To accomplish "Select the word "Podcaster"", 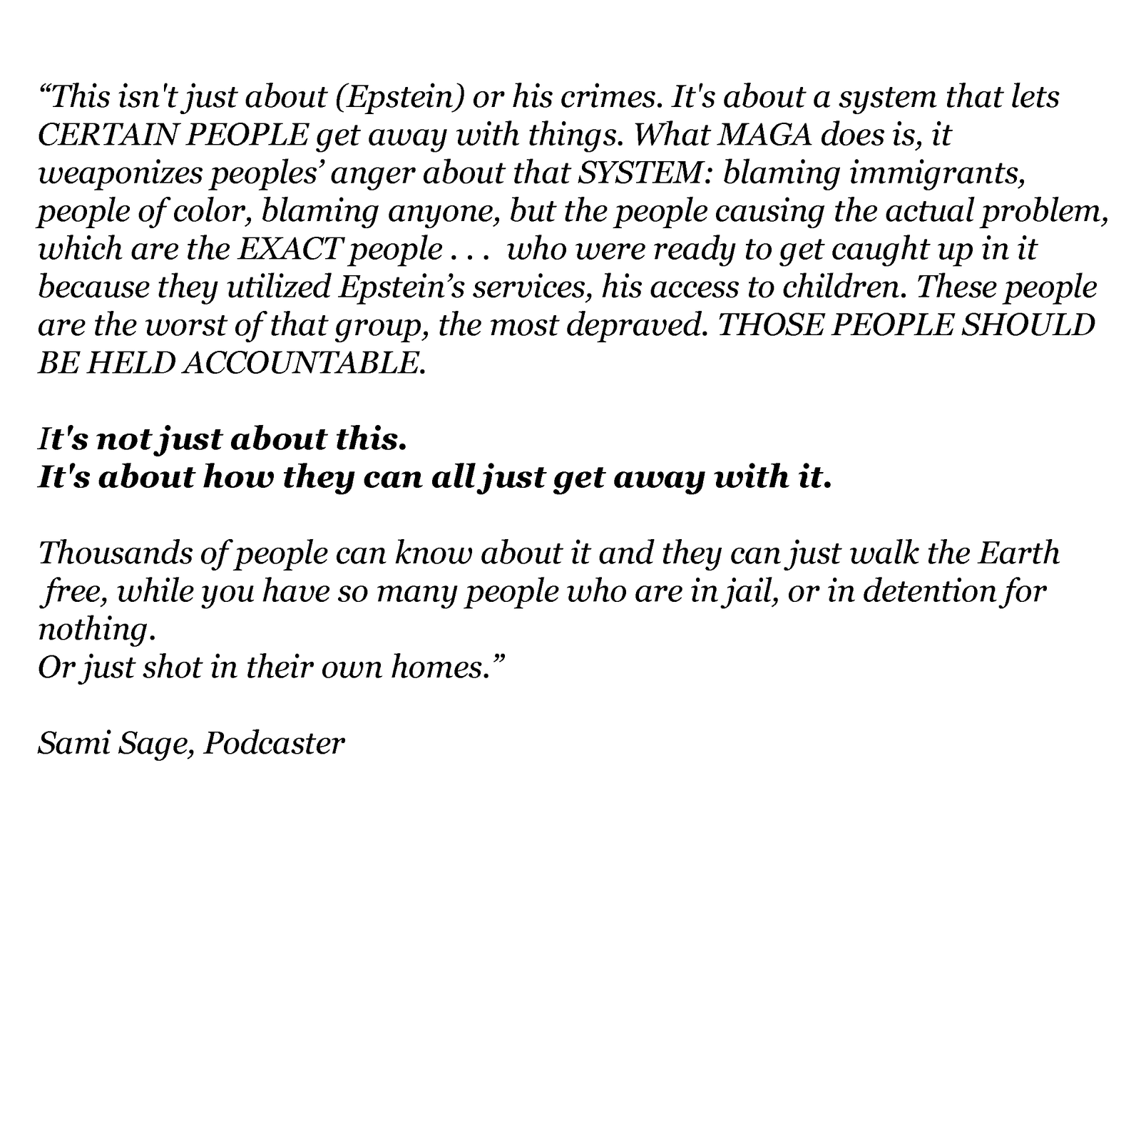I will click(x=274, y=744).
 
